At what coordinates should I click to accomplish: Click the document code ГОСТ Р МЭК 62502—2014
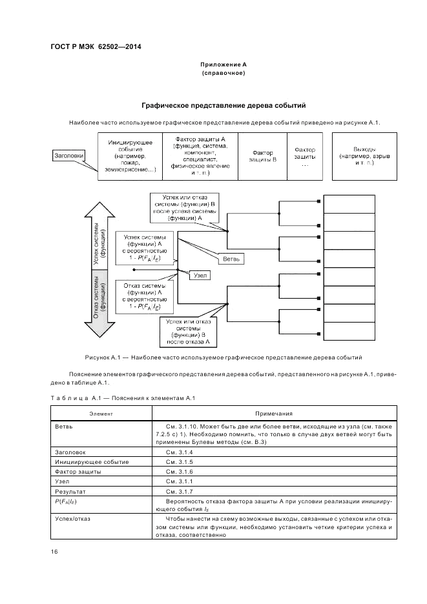point(95,47)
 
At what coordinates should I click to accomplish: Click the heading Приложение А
point(224,65)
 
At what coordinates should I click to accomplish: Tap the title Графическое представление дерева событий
point(223,105)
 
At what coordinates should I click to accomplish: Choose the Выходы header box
point(364,156)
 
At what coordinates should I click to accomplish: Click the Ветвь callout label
point(232,259)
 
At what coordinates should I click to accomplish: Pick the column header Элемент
point(101,414)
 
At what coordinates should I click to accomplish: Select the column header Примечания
point(273,414)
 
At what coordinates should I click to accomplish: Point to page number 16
point(54,551)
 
